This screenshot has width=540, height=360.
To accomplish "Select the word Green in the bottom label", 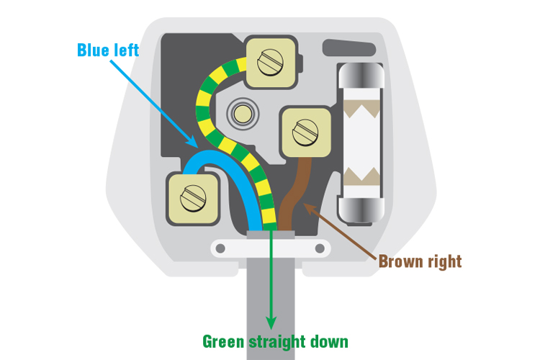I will click(x=225, y=341).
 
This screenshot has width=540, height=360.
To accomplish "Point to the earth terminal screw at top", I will click(x=271, y=60).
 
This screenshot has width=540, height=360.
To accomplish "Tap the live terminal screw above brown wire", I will click(x=306, y=132).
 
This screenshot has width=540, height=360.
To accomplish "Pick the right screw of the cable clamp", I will click(x=320, y=248).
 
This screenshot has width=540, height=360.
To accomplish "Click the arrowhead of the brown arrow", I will click(x=307, y=209).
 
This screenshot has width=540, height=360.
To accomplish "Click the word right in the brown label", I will click(x=443, y=261).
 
